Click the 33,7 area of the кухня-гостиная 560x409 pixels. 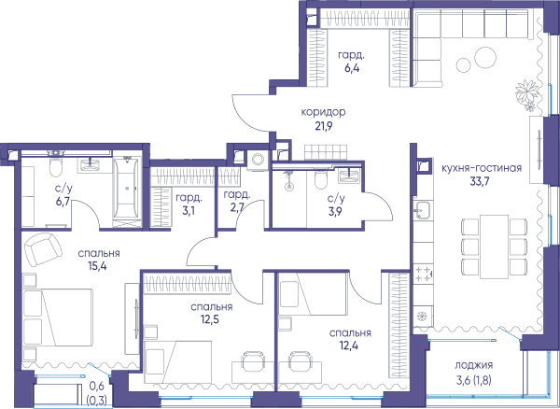pos(480,181)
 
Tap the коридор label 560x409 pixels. pos(323,112)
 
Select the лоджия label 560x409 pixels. pos(473,365)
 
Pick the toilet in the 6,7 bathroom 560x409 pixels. pos(56,166)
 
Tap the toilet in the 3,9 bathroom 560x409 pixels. pos(321,179)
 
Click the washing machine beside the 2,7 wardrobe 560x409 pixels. pos(258,160)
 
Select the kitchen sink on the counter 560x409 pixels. pos(423,210)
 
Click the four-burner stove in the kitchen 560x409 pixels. pos(423,274)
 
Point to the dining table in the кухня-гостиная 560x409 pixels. pos(494,247)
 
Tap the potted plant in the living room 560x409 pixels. pos(527,94)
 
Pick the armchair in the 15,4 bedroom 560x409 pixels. pos(42,249)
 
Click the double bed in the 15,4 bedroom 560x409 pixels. pos(58,317)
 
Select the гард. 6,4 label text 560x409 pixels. pos(352,62)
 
